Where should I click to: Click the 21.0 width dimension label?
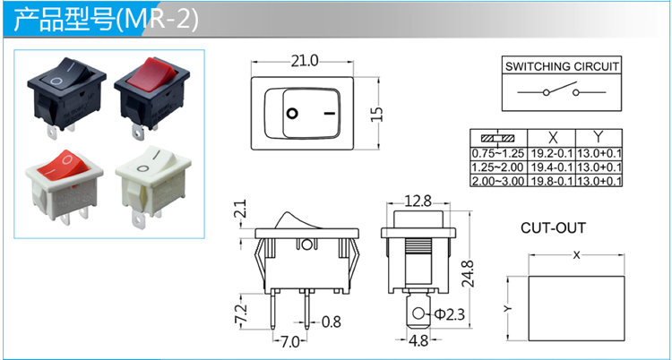point(305,62)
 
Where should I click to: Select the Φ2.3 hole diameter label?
point(449,314)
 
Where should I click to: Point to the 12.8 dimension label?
point(418,201)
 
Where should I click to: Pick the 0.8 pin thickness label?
point(331,321)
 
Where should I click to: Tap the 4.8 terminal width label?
point(418,341)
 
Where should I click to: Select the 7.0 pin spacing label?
point(289,342)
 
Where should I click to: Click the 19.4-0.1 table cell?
point(552,167)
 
